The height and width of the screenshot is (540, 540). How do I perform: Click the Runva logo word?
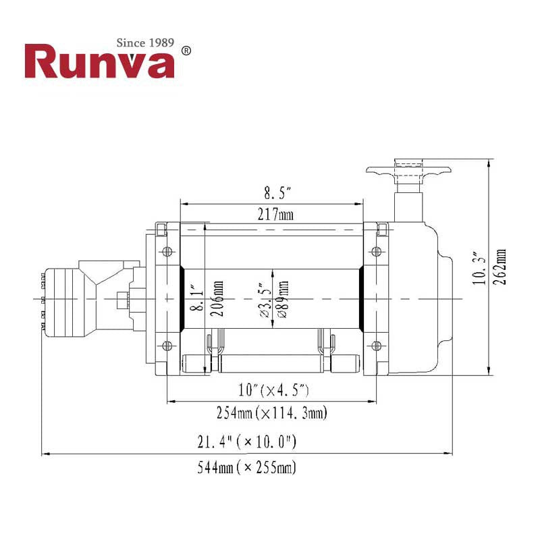99,62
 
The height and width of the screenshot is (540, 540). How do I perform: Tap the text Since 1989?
145,43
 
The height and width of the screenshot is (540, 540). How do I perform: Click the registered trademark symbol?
187,51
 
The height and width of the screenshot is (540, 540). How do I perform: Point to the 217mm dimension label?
275,215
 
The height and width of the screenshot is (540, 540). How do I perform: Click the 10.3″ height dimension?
480,267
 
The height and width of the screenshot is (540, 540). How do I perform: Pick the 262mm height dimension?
500,267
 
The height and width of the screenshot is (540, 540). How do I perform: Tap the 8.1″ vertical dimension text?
196,298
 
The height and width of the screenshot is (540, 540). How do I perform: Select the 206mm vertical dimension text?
215,298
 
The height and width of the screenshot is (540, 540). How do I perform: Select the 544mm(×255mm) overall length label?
246,466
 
